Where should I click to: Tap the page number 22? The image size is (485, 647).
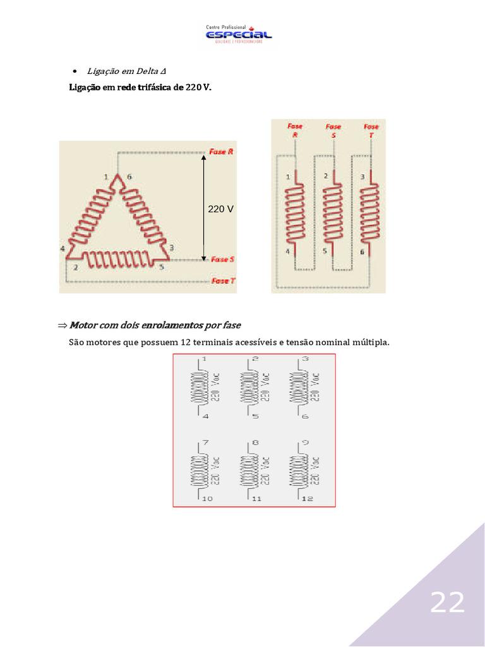click(447, 603)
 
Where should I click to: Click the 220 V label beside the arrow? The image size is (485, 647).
click(221, 208)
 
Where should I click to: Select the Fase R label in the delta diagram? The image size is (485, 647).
click(222, 152)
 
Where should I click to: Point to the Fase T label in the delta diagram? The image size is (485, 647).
click(224, 281)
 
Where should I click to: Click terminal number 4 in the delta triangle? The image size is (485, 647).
click(63, 249)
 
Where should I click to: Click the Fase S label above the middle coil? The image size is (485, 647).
click(333, 130)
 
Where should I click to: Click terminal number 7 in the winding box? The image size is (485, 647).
click(204, 443)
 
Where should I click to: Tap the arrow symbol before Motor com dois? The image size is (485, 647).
click(62, 325)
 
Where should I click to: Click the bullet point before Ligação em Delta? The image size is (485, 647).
click(75, 70)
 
